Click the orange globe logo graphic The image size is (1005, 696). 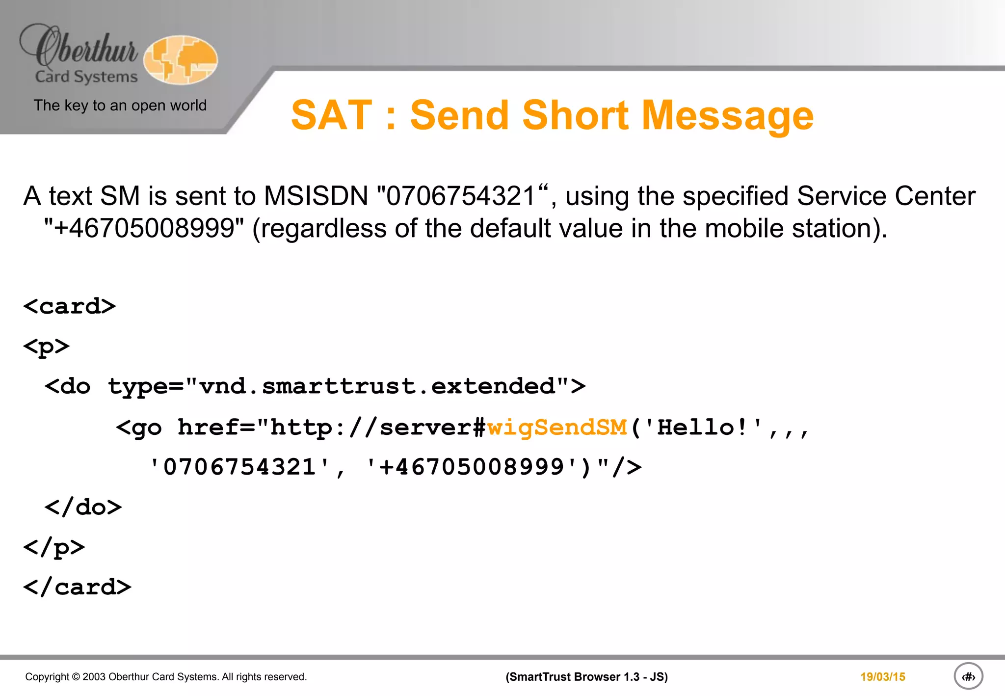coord(181,59)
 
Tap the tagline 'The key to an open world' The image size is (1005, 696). coord(120,106)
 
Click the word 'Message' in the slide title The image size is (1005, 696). coord(728,115)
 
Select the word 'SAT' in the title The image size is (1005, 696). coord(332,115)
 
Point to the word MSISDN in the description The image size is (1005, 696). coord(316,196)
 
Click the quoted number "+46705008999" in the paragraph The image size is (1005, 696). coord(144,228)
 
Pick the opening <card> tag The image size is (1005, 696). coord(70,306)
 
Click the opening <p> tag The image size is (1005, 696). coord(47,347)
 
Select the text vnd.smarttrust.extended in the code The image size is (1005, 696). coord(377,386)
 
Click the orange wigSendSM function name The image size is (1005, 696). coord(557,427)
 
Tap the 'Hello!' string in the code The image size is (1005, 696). coord(703,427)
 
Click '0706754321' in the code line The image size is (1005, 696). coord(239,467)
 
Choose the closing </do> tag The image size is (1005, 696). coord(83,507)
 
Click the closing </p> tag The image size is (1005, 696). coord(54,547)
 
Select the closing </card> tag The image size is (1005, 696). coord(77,588)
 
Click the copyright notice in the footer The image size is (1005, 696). coord(166,677)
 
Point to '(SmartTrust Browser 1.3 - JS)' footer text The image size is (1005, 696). coord(586,677)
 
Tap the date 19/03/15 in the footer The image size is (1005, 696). coord(882,677)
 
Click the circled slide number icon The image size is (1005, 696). coord(968,676)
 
